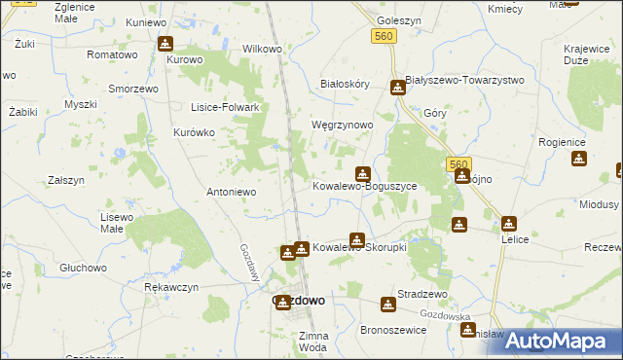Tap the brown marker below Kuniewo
165,44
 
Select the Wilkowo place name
262,48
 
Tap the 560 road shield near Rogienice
459,163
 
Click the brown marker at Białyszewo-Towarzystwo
397,88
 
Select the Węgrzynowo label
342,126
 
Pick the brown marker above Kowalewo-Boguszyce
362,173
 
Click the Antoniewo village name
231,192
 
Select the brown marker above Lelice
508,223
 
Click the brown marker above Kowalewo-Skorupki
357,239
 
